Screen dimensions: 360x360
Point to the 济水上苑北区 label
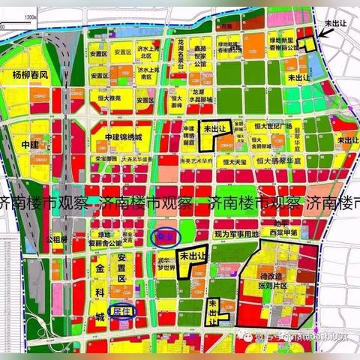tap(147, 52)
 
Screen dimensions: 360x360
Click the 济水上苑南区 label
tap(147, 73)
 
